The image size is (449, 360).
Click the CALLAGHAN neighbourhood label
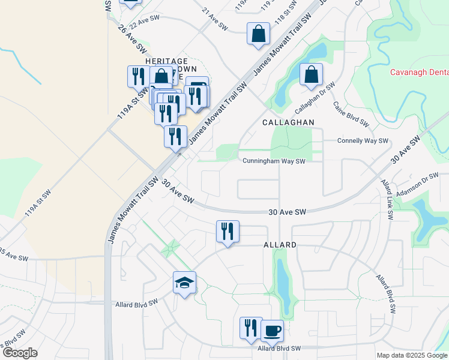point(288,122)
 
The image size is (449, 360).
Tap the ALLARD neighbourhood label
point(280,245)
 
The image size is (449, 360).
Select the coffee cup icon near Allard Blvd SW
point(272,330)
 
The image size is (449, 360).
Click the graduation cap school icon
point(185,283)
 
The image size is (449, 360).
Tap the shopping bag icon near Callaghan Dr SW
point(312,75)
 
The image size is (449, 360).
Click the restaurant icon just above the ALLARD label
point(228,232)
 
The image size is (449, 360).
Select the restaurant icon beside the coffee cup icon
point(251,328)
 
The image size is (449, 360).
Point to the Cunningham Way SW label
point(274,161)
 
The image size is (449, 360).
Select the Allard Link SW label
point(387,197)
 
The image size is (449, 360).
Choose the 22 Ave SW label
point(144,20)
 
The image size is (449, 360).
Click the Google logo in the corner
point(20,352)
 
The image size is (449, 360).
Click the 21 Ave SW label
point(215,20)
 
